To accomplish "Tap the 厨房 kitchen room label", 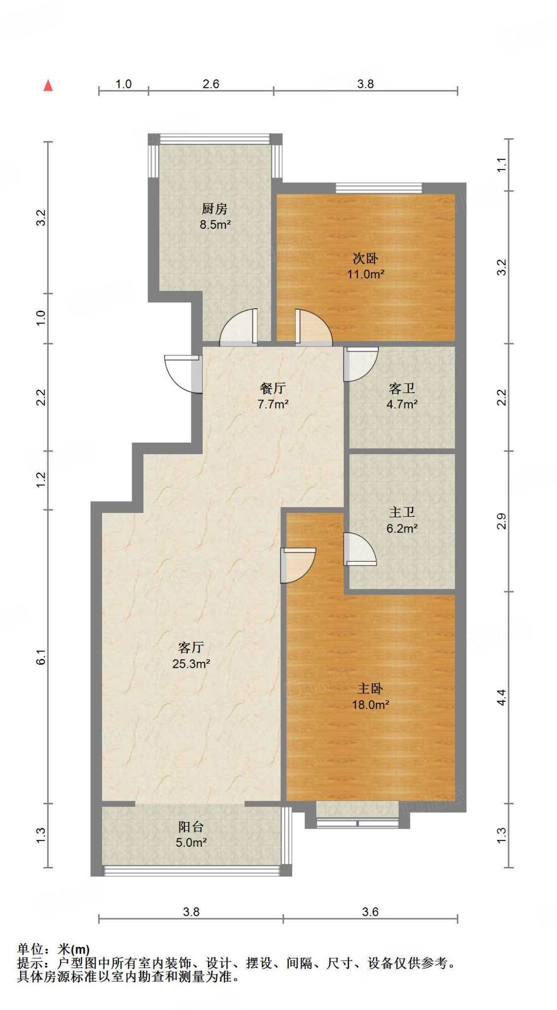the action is (x=215, y=209).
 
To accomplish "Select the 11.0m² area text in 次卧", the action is (x=365, y=274).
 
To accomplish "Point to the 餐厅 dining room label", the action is (x=273, y=388).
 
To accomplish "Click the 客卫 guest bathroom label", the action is (x=402, y=389).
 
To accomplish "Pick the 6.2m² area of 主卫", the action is (x=402, y=529).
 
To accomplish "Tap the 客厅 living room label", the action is (x=191, y=647).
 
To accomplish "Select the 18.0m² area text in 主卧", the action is (x=370, y=705).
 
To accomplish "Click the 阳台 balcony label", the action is (x=191, y=827).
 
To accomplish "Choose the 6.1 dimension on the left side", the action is (x=41, y=657).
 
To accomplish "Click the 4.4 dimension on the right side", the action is (x=501, y=697).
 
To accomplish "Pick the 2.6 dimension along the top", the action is (x=211, y=84).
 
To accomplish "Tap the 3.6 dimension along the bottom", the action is (x=370, y=912).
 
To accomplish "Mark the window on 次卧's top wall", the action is (x=379, y=188).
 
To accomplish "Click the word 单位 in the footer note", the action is (x=30, y=949).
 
